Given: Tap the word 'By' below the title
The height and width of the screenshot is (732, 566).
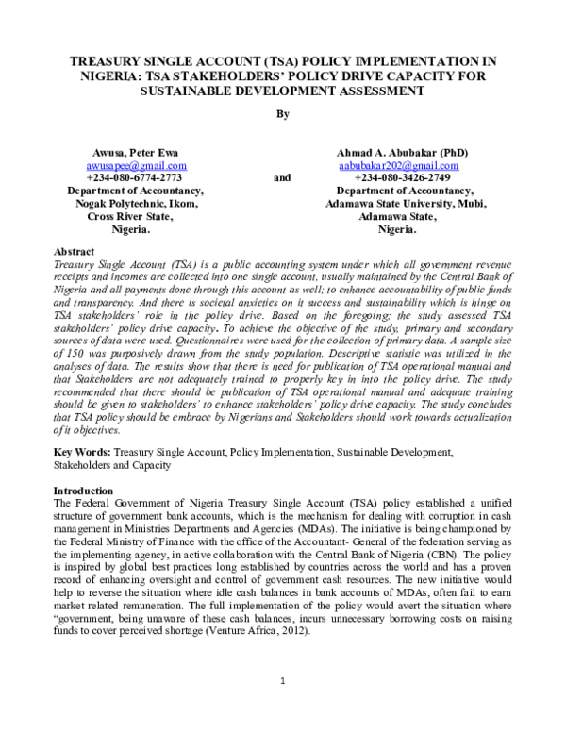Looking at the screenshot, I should pyautogui.click(x=282, y=114).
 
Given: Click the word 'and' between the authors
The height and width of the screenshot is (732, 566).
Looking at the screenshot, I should pyautogui.click(x=281, y=177).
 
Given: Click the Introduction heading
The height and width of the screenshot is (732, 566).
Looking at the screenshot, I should pyautogui.click(x=83, y=491).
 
